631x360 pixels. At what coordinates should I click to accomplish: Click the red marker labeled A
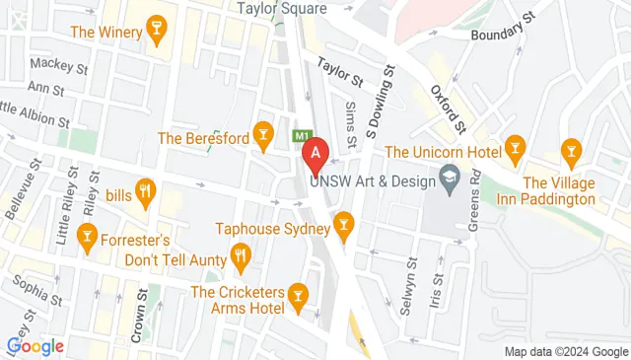[x=315, y=155]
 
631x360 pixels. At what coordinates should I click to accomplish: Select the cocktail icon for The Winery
[x=155, y=32]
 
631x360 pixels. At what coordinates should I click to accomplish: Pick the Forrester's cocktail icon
[x=88, y=239]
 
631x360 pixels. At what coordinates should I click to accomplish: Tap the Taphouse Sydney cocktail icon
[x=343, y=228]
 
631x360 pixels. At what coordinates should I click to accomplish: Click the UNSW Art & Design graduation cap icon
[x=450, y=179]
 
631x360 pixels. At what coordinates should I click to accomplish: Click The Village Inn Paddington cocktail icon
[x=569, y=150]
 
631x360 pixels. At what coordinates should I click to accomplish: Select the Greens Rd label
[x=474, y=197]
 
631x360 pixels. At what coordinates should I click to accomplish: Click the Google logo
[x=35, y=346]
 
